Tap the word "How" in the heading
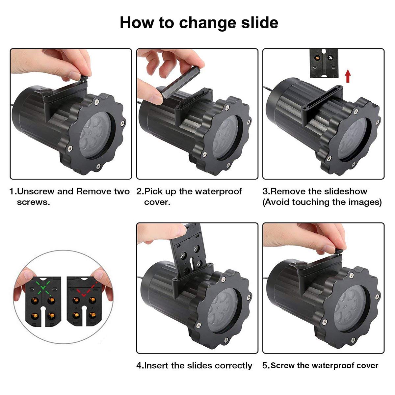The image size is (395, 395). pyautogui.click(x=137, y=22)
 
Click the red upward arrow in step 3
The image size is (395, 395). pyautogui.click(x=348, y=76)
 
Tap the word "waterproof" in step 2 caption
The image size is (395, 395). pyautogui.click(x=218, y=192)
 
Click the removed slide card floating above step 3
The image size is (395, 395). pyautogui.click(x=324, y=63)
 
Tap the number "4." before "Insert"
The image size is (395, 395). pyautogui.click(x=140, y=366)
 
